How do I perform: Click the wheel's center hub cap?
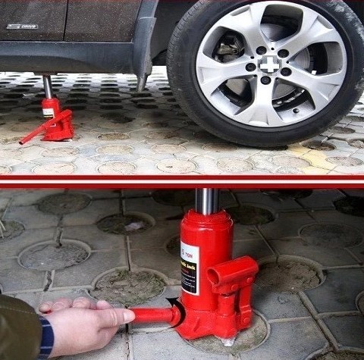tap(269, 64)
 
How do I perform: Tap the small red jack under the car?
tap(56, 121)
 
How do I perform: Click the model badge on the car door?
tap(22, 27)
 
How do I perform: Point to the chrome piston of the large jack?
tap(206, 202)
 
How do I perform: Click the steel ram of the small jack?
tap(48, 86)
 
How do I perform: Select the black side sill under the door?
tap(68, 56)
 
